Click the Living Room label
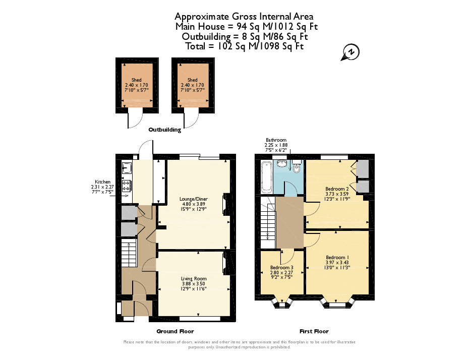point(194,278)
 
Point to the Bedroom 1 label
point(337,257)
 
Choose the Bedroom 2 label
point(337,189)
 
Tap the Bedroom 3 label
point(281,267)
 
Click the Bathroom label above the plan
point(276,140)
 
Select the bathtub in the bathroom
point(266,176)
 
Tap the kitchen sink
point(126,168)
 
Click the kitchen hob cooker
point(126,186)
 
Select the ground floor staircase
point(129,253)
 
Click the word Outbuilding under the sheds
point(164,130)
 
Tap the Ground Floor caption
point(174,331)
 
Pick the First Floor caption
point(314,331)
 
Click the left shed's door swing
point(135,119)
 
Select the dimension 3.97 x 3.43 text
point(337,262)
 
